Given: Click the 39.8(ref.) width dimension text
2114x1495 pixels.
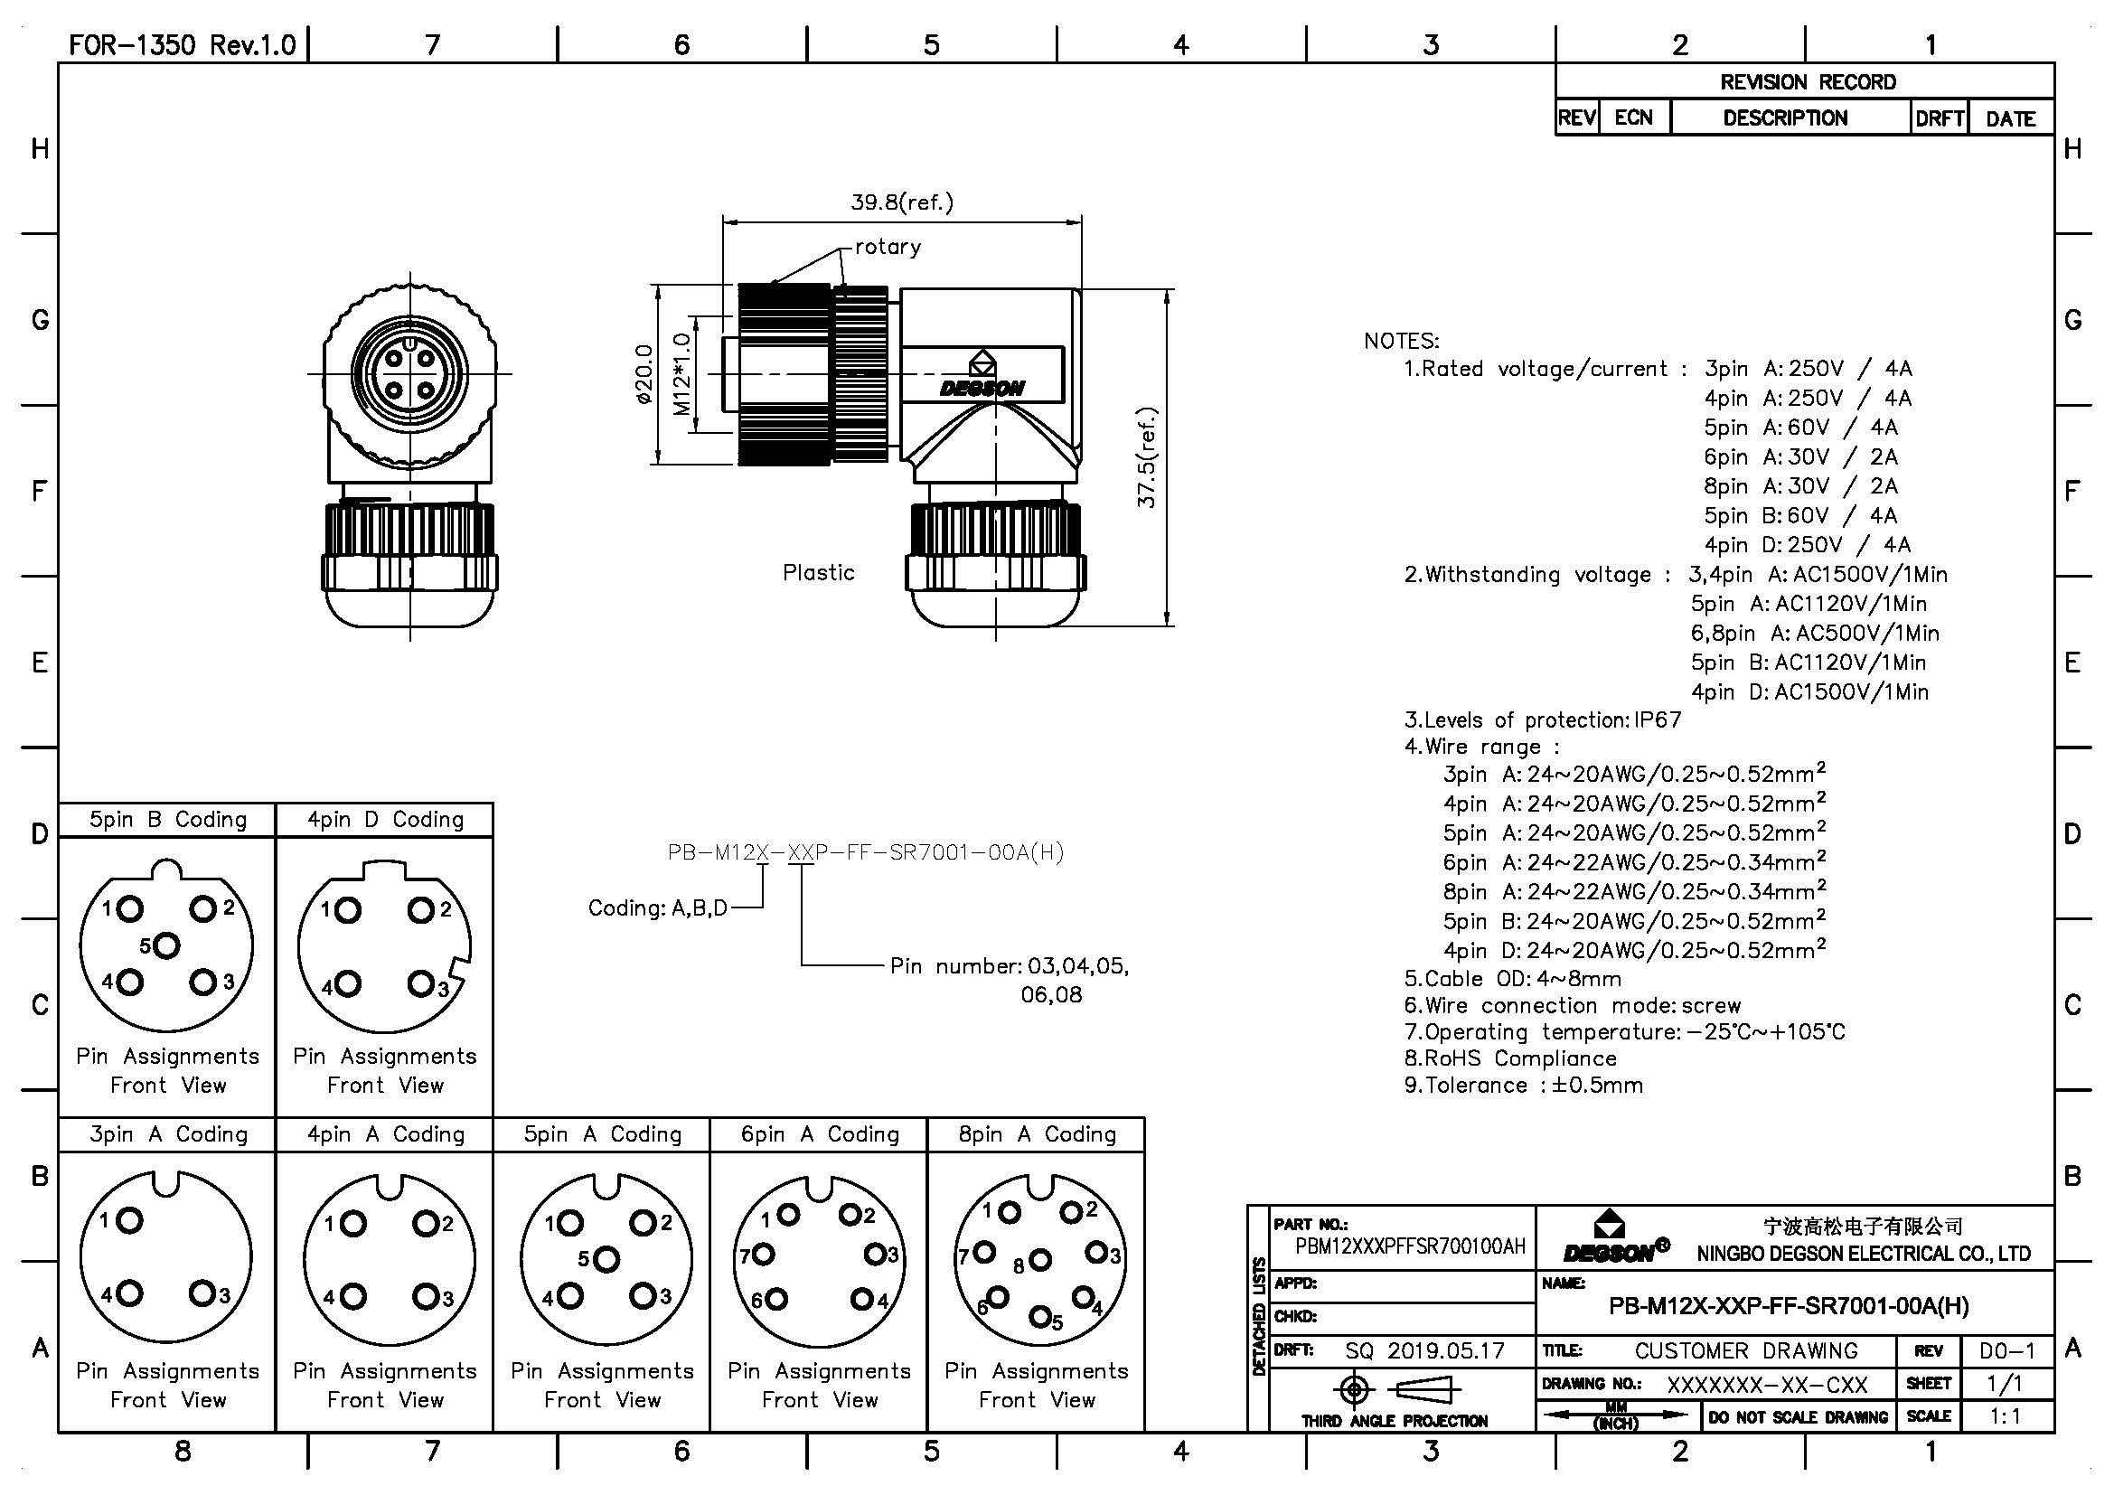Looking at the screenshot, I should pos(901,202).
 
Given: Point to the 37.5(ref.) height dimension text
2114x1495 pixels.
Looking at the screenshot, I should pos(1146,457).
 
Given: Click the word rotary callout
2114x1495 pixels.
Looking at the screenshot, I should pos(888,247).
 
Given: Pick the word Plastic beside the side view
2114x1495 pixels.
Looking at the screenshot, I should pos(819,572).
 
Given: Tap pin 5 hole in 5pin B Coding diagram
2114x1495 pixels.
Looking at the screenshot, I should pos(167,945).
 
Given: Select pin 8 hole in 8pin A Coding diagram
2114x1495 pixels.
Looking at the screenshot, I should pos(1039,1259).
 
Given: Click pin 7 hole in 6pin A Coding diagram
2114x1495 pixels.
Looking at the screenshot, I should pos(765,1254).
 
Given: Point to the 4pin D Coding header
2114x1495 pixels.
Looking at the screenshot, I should pos(385,820).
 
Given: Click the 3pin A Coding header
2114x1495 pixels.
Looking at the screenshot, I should pos(167,1134).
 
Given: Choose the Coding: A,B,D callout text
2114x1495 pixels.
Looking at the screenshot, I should pos(657,908).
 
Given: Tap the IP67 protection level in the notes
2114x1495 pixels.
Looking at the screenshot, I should pos(1658,719).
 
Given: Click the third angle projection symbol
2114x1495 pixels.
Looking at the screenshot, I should pos(1394,1389).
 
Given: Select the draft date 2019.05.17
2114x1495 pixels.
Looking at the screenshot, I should pos(1445,1350).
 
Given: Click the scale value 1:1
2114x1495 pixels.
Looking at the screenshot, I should pos(2006,1416).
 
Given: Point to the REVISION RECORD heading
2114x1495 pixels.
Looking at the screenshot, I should pos(1808,82).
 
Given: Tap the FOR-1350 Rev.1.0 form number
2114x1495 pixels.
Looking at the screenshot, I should pos(183,45).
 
